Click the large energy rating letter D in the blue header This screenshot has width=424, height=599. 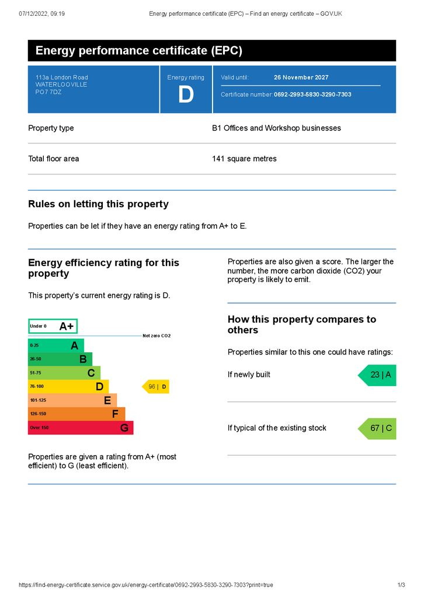pos(186,95)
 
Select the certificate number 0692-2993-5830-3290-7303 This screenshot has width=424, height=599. pos(312,95)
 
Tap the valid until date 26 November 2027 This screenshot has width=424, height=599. pos(301,77)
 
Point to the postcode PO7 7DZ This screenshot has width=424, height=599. pos(48,92)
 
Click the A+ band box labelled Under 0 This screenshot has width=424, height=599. pos(53,326)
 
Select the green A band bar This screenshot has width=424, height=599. pos(56,346)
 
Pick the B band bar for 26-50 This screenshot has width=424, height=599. pos(60,359)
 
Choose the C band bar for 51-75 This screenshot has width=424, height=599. pos(64,373)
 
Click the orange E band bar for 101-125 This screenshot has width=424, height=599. pos(72,400)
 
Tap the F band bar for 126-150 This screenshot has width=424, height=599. pos(77,414)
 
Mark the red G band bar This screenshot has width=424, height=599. pos(81,428)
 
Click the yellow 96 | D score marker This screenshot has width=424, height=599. pos(157,387)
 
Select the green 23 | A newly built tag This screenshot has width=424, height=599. pos(378,375)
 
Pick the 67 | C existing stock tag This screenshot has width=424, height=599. pos(378,429)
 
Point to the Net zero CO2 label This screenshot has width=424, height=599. pos(157,336)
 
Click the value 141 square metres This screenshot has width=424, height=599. pos(244,159)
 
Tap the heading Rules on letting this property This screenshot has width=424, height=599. pos(98,204)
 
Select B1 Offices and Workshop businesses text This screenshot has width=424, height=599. pos(276,128)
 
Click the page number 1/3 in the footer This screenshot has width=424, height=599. pos(401,585)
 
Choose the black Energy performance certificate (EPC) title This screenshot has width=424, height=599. pos(139,51)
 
